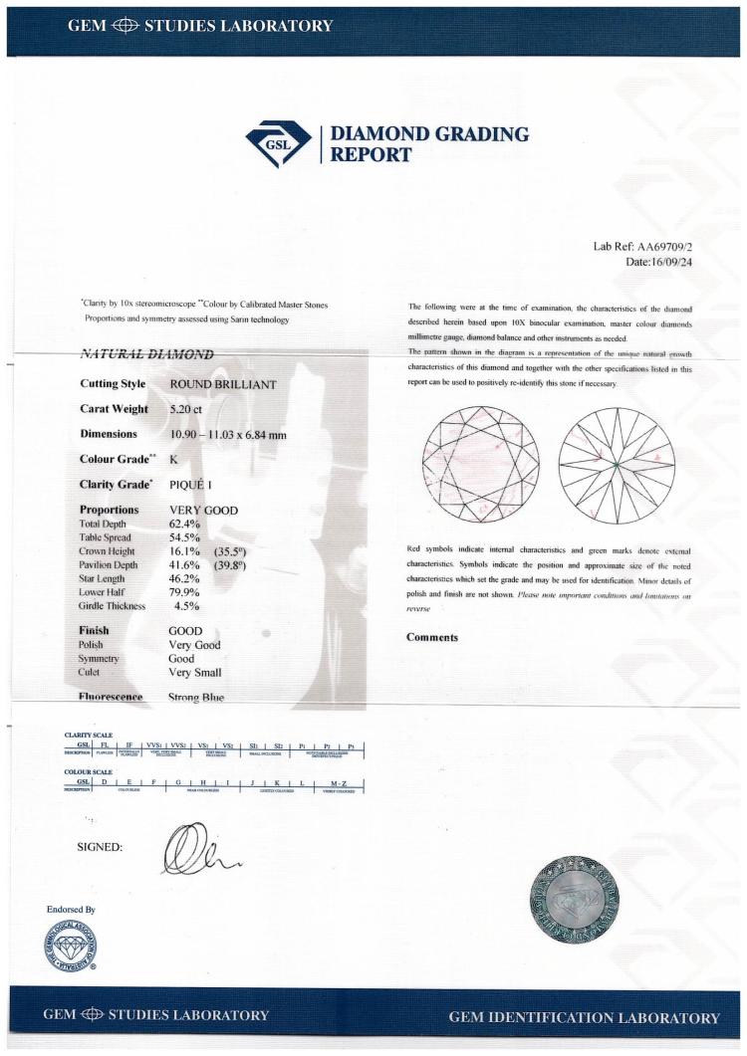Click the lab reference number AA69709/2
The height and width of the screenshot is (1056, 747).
(x=686, y=246)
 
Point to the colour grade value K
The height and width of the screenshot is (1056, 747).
(x=174, y=459)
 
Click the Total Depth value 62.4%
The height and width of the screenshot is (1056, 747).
(x=183, y=523)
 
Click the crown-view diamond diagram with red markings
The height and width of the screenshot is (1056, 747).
(x=481, y=465)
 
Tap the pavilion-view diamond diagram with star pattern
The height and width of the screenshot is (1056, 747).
(x=618, y=465)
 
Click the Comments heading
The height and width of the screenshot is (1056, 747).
(x=431, y=637)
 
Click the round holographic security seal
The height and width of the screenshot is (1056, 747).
(x=580, y=899)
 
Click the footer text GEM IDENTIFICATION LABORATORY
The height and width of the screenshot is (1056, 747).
(x=584, y=1017)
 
